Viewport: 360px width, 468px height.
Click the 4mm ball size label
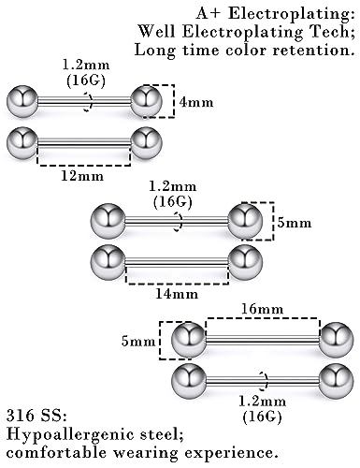tap(196, 102)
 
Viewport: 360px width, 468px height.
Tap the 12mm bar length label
tap(82, 176)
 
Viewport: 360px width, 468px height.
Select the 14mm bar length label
tap(177, 294)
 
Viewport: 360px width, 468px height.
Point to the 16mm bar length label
tap(263, 309)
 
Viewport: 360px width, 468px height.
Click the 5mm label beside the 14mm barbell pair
tap(295, 223)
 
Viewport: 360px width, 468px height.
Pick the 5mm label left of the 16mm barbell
tap(138, 342)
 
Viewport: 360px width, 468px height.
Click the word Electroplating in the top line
tap(291, 14)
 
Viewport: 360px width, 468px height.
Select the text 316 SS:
tap(36, 416)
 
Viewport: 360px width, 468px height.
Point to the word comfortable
tap(57, 452)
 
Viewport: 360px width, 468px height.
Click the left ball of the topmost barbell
tap(22, 101)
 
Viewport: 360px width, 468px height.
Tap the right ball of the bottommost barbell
tap(337, 382)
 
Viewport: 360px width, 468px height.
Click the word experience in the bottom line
tap(226, 453)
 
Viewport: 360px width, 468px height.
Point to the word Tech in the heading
tap(331, 32)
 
